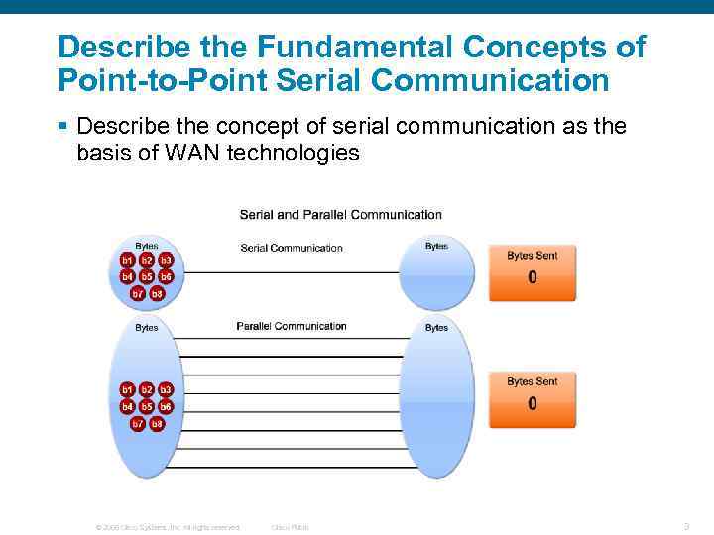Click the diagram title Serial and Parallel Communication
[340, 214]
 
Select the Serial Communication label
[292, 248]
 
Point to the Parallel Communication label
[292, 326]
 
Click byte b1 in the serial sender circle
[128, 260]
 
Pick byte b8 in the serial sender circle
[157, 293]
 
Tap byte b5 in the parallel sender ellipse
[147, 406]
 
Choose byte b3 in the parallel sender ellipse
[166, 390]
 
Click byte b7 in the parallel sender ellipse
[138, 423]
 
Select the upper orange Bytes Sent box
[532, 271]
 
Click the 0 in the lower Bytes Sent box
[533, 404]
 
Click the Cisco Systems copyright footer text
[167, 527]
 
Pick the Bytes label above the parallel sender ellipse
[146, 328]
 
